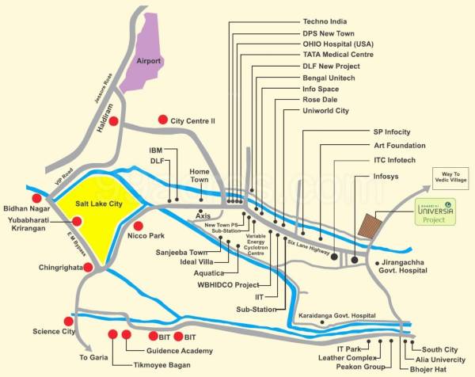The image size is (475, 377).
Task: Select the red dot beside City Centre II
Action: (x=162, y=120)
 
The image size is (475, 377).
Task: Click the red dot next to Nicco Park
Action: (x=139, y=227)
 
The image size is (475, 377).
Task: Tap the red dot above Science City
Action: (x=68, y=322)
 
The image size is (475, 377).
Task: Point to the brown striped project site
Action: (x=370, y=226)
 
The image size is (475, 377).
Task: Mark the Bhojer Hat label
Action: (x=427, y=368)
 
